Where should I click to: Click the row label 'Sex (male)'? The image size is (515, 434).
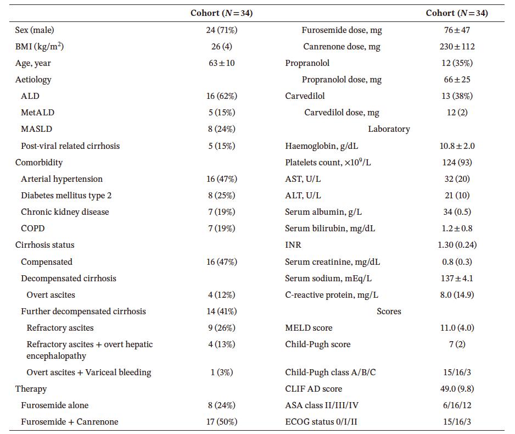tap(35, 30)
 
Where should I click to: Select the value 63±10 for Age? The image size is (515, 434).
tap(221, 63)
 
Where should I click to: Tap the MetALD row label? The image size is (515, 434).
tap(37, 113)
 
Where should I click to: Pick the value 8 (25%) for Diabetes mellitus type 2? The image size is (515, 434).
tap(221, 196)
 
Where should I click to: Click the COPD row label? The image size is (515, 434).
tap(33, 229)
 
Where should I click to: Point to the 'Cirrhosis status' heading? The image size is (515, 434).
tap(44, 245)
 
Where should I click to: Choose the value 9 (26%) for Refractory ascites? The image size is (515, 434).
tap(221, 328)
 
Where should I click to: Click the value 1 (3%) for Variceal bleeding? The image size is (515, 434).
tap(221, 372)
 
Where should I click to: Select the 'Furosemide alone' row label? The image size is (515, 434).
tap(54, 405)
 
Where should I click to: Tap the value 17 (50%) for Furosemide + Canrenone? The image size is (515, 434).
tap(221, 422)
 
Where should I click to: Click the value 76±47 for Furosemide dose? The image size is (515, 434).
tap(457, 30)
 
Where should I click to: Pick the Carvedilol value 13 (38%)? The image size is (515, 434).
tap(457, 96)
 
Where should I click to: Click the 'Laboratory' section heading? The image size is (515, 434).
tap(389, 129)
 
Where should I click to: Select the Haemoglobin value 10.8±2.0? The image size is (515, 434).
tap(457, 146)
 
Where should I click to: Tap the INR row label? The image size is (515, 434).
tap(293, 245)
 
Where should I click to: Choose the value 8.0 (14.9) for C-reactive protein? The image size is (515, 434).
tap(457, 295)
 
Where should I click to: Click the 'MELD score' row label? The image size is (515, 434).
tap(309, 328)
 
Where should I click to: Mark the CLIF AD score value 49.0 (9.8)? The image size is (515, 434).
tap(457, 389)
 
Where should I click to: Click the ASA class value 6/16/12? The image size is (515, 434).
tap(457, 405)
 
